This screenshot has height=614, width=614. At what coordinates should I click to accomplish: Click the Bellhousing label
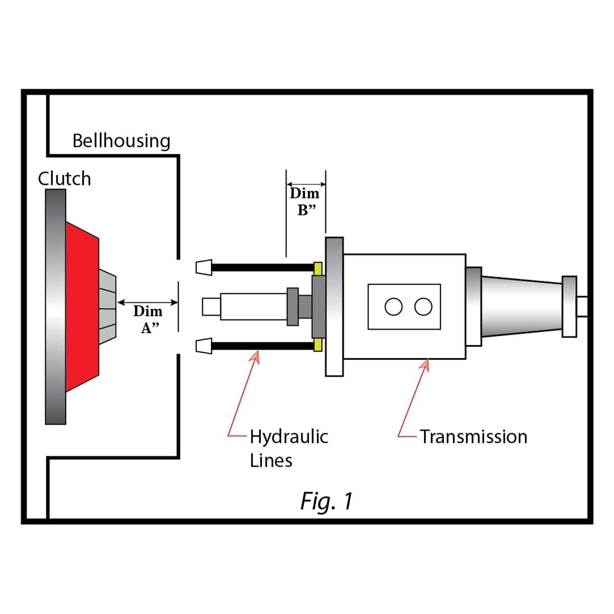(122, 141)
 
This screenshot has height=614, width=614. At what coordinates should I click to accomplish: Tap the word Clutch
(64, 179)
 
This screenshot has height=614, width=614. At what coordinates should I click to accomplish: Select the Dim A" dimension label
(148, 319)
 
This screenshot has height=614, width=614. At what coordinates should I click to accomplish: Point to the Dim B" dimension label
(305, 201)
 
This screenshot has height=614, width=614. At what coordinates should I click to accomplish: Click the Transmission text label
(474, 437)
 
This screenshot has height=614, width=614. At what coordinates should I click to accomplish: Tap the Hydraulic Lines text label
(289, 448)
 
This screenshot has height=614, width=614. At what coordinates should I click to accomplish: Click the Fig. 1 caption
(326, 501)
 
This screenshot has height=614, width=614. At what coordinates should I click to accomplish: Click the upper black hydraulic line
(262, 268)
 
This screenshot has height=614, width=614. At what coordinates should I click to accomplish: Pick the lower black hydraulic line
(262, 346)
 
